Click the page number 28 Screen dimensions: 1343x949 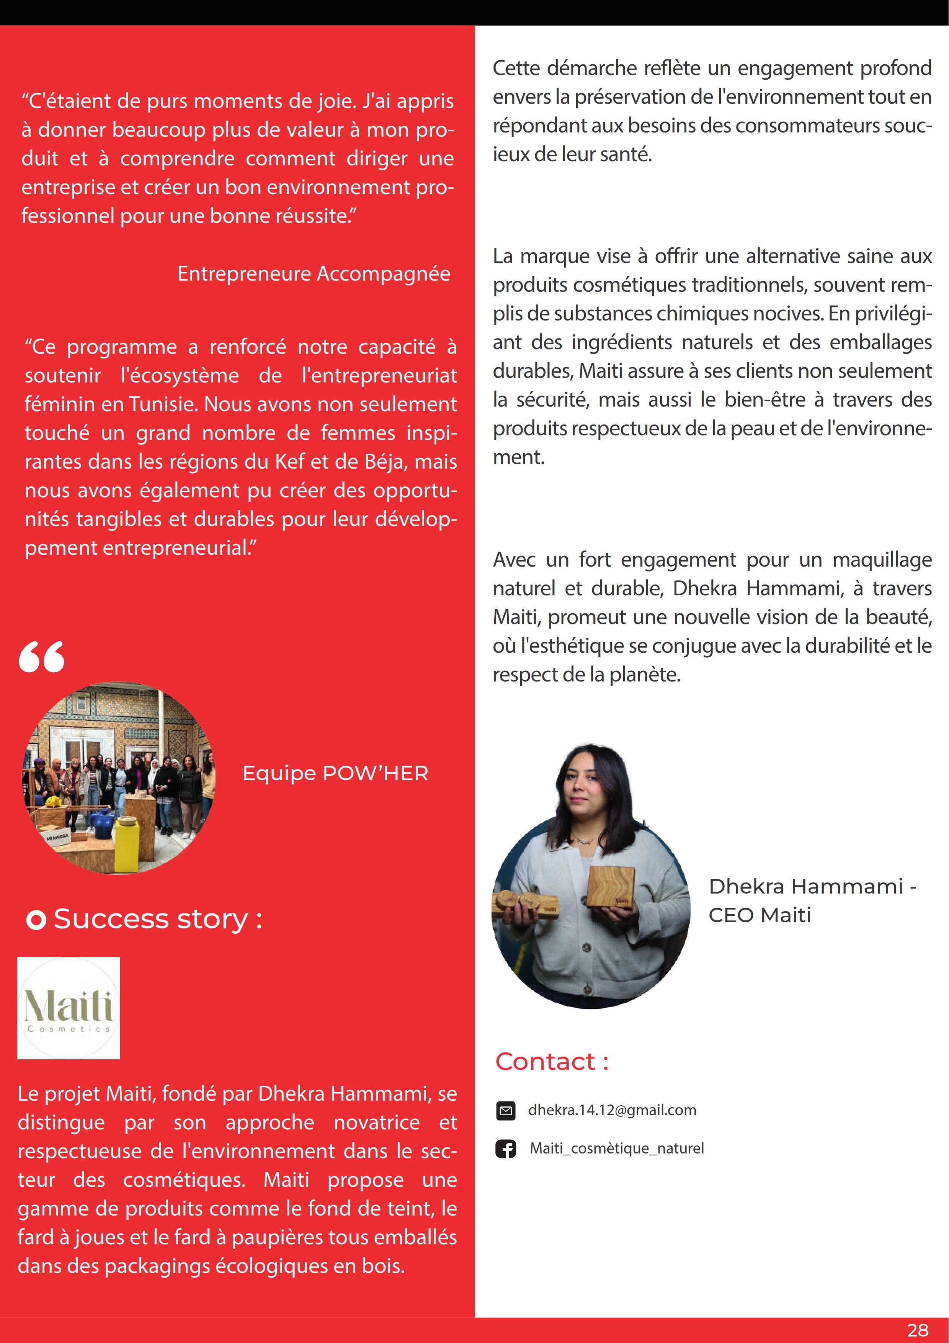click(918, 1330)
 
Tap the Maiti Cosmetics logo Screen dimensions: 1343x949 click(69, 1008)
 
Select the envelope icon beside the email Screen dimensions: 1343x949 click(506, 1110)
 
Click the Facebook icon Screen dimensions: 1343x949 click(506, 1149)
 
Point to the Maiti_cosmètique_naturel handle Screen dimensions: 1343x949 click(616, 1148)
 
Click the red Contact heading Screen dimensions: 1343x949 click(551, 1062)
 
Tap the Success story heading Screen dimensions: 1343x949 click(158, 919)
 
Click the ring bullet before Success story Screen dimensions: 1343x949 click(36, 920)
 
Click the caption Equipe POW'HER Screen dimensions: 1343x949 click(335, 773)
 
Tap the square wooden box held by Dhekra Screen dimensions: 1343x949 click(611, 886)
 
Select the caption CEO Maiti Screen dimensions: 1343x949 click(760, 915)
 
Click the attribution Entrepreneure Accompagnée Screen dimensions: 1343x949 click(314, 273)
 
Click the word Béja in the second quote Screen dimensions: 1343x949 click(384, 461)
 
